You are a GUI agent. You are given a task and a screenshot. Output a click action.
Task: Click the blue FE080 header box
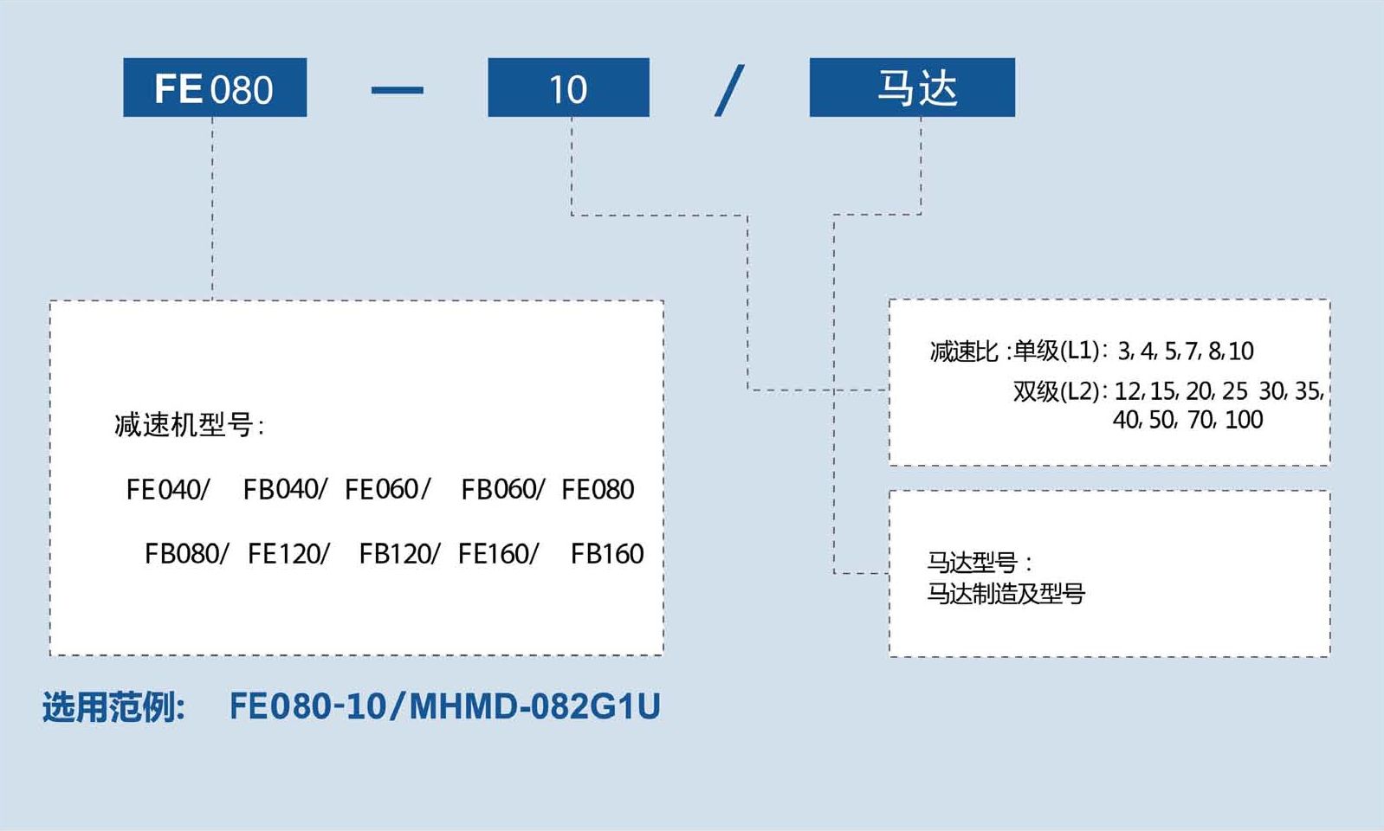pyautogui.click(x=215, y=87)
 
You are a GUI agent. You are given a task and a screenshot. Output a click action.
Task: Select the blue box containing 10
pyautogui.click(x=568, y=87)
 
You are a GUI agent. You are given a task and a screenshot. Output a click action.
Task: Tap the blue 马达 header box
pyautogui.click(x=912, y=87)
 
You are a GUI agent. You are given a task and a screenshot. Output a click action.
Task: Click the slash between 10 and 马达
pyautogui.click(x=729, y=90)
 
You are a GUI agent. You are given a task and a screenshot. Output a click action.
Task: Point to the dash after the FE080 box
pyautogui.click(x=397, y=90)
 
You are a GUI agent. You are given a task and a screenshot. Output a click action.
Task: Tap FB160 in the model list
pyautogui.click(x=606, y=554)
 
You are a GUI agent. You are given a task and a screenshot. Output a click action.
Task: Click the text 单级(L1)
pyautogui.click(x=1057, y=351)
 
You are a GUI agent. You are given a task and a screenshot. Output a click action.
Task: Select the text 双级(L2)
pyautogui.click(x=1057, y=391)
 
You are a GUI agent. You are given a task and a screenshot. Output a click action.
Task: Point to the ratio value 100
pyautogui.click(x=1244, y=420)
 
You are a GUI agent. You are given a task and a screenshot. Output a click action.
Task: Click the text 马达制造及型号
pyautogui.click(x=1006, y=594)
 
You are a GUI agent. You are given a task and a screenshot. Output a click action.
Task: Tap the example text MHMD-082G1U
pyautogui.click(x=534, y=706)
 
